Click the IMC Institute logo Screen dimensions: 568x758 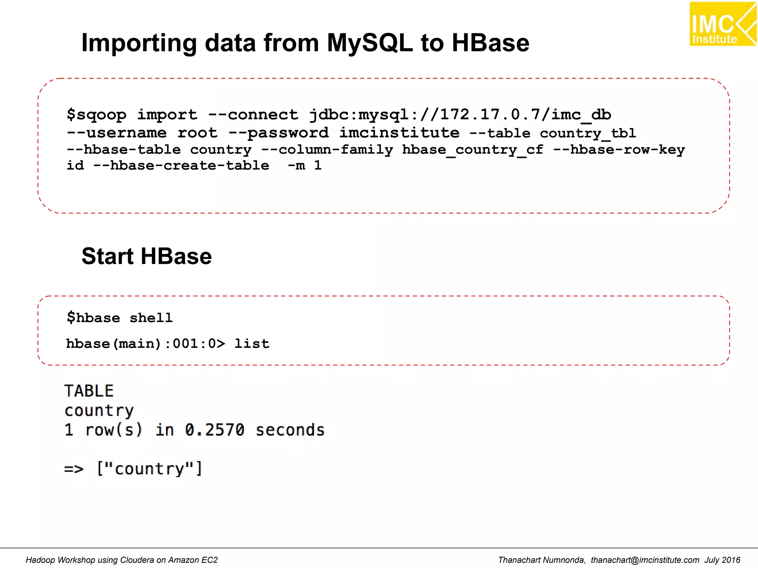click(722, 24)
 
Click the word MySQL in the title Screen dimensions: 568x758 click(369, 43)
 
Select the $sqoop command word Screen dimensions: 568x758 click(97, 115)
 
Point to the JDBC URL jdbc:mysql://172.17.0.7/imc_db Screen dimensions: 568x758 click(460, 115)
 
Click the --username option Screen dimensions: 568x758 click(117, 133)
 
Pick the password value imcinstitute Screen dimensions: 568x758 click(400, 133)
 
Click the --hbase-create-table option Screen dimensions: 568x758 click(181, 166)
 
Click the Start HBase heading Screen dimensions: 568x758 click(147, 256)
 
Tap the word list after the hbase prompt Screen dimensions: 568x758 click(252, 344)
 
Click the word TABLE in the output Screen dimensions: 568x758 click(89, 391)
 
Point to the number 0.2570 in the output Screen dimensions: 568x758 click(215, 430)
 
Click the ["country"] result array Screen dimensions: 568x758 click(150, 469)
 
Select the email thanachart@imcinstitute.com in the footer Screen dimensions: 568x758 click(645, 560)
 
